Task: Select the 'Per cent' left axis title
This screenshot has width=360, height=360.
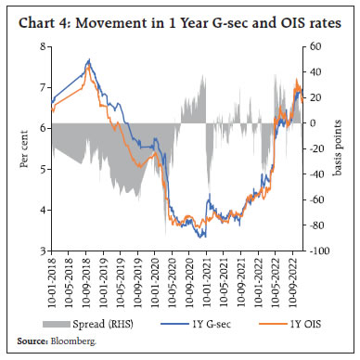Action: tap(25, 148)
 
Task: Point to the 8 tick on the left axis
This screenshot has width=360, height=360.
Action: tap(42, 45)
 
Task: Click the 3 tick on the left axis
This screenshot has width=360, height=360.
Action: tap(42, 251)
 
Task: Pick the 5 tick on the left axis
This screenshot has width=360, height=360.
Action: tap(42, 169)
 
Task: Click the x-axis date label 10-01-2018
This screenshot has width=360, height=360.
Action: tap(52, 281)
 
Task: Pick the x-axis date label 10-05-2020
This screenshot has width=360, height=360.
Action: tap(173, 281)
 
